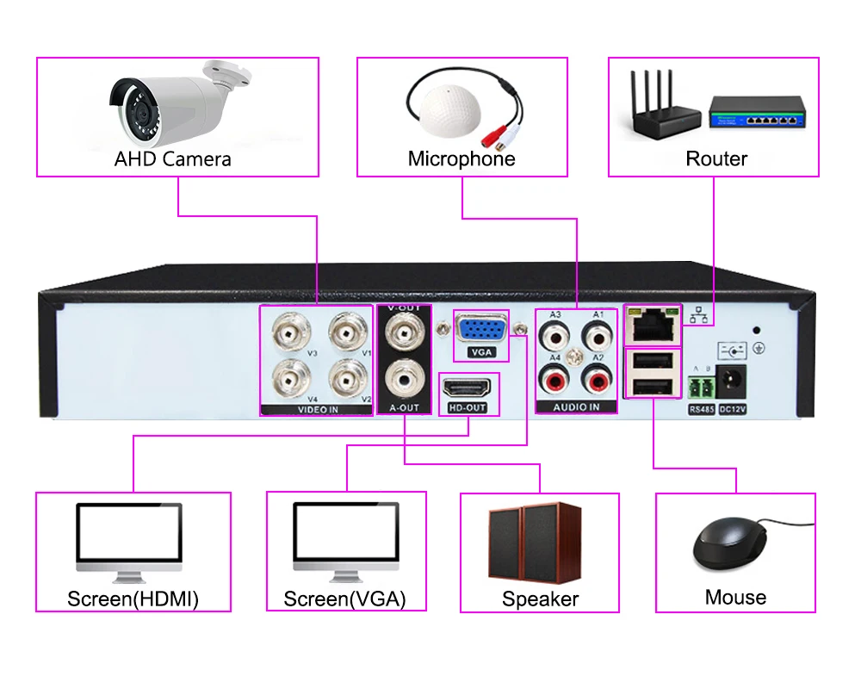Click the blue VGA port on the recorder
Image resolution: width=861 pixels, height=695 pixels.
(481, 330)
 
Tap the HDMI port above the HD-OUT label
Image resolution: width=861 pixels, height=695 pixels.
(467, 388)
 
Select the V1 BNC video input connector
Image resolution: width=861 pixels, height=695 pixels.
(348, 332)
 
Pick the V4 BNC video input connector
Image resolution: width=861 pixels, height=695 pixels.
(291, 379)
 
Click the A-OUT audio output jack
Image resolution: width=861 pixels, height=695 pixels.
(405, 379)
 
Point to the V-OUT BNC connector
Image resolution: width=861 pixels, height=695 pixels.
(405, 332)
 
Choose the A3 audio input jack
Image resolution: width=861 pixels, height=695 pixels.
(554, 336)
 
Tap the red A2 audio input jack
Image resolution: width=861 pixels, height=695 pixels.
(597, 379)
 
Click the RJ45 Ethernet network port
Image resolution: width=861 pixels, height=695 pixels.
(653, 325)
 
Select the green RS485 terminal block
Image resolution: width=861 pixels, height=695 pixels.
(701, 388)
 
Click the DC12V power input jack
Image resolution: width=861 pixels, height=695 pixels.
(732, 382)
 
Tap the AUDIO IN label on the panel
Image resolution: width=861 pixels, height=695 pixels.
(576, 407)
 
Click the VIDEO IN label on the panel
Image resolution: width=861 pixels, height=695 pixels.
(318, 409)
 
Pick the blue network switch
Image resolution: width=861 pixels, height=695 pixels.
(757, 113)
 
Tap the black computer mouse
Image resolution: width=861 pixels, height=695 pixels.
(730, 543)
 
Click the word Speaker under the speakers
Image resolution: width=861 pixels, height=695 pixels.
(541, 599)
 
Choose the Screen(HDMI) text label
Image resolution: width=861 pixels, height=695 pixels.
(133, 599)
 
